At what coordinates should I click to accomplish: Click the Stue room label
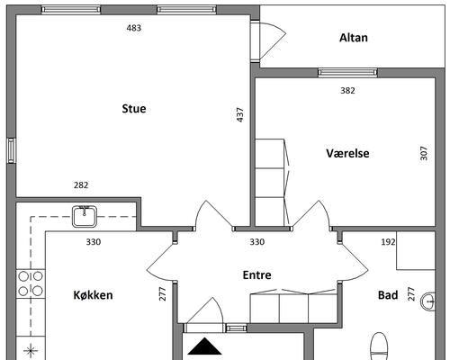(134, 109)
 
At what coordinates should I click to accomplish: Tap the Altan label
(354, 38)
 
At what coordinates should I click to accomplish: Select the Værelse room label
(347, 153)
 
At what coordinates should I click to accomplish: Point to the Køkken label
(94, 295)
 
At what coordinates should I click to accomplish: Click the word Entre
(256, 275)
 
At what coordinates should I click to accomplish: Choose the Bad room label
(388, 295)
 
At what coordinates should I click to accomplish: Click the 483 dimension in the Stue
(134, 28)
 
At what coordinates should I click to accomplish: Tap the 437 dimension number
(240, 115)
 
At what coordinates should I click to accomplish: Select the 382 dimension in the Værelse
(347, 91)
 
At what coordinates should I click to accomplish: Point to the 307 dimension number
(424, 153)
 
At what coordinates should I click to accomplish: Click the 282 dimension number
(81, 185)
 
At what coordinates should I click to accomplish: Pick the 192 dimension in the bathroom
(388, 242)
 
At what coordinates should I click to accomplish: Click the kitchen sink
(85, 216)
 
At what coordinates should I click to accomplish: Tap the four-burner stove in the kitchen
(31, 283)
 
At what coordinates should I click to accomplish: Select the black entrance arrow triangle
(204, 346)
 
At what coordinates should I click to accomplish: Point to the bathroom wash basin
(427, 301)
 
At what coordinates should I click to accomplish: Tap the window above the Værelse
(347, 73)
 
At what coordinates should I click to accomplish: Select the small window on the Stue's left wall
(11, 150)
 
